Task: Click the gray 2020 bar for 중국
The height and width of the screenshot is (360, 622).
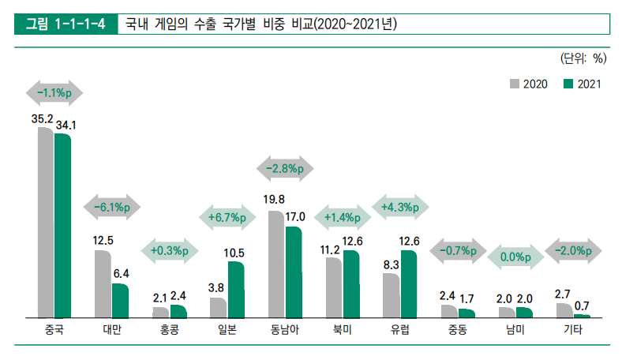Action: click(x=45, y=222)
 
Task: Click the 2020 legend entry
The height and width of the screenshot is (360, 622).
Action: click(x=530, y=84)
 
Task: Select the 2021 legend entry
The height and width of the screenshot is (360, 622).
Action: click(x=582, y=84)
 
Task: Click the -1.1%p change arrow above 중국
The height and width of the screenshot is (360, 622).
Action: click(x=54, y=92)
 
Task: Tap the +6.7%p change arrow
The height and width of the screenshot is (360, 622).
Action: click(x=227, y=217)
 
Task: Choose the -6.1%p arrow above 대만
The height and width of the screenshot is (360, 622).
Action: click(x=111, y=207)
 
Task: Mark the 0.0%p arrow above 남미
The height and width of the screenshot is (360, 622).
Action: click(x=515, y=257)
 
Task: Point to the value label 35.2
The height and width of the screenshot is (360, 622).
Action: click(x=42, y=119)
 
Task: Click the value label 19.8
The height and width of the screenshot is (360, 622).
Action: click(x=275, y=200)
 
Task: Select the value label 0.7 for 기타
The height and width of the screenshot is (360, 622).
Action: click(x=583, y=306)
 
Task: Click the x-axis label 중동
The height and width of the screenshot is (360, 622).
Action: click(x=457, y=329)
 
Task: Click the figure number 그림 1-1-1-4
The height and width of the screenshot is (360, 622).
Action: click(x=66, y=24)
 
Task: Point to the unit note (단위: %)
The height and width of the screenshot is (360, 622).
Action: click(x=583, y=57)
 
